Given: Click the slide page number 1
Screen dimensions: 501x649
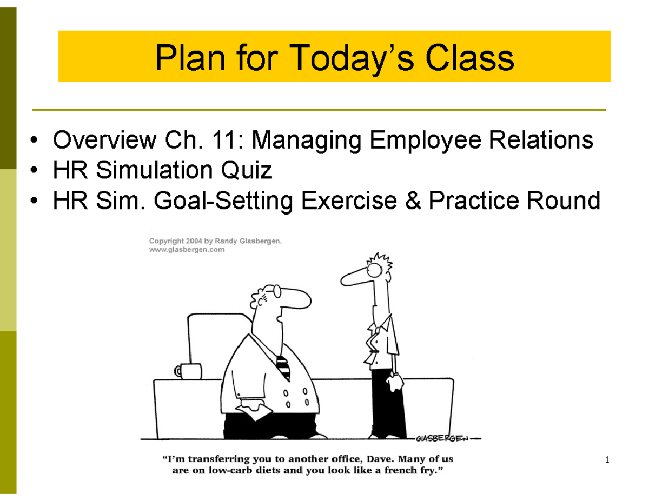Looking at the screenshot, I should click(608, 460).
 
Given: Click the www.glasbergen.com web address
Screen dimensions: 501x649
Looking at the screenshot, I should click(187, 250).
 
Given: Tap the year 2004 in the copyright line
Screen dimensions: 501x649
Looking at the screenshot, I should click(194, 241).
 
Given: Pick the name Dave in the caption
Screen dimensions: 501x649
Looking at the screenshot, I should click(380, 460).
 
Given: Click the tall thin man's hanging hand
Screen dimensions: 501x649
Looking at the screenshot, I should click(394, 381).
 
